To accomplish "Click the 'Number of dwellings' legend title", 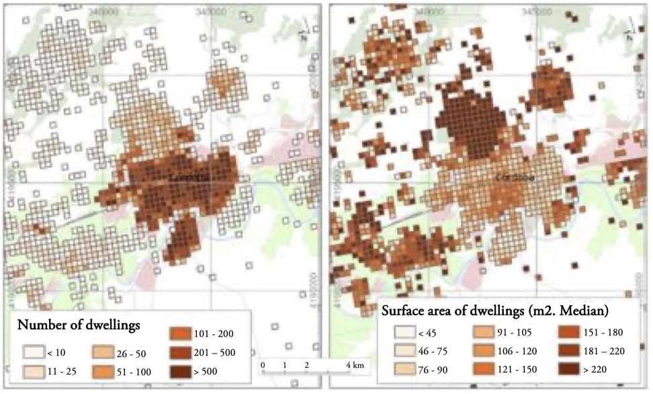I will tap(79, 325).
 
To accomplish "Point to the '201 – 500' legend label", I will tap(214, 352).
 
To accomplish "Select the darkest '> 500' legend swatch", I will tap(179, 370).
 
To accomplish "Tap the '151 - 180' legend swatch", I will tap(568, 331).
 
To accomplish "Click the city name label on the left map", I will tap(186, 177).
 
